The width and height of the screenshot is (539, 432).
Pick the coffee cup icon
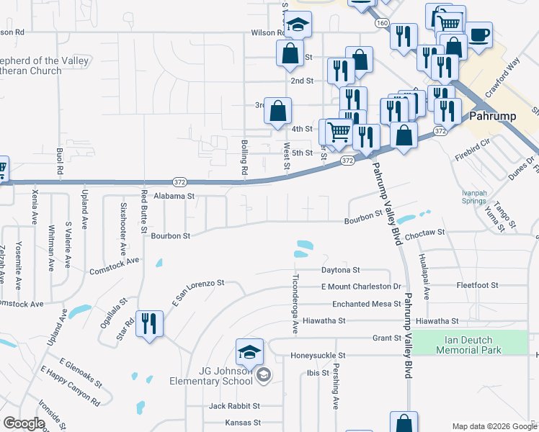click(x=478, y=34)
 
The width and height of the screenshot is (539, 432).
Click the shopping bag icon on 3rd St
click(x=277, y=111)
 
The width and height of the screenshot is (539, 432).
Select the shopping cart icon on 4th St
click(x=338, y=132)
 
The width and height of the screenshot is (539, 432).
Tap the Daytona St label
click(x=340, y=270)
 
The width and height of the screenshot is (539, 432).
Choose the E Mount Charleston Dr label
click(x=355, y=287)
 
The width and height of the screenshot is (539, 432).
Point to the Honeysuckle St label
click(x=318, y=356)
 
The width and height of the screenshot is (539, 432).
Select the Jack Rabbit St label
click(x=233, y=406)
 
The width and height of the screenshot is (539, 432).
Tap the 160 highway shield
click(x=381, y=23)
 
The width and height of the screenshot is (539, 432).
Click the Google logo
click(x=24, y=424)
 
